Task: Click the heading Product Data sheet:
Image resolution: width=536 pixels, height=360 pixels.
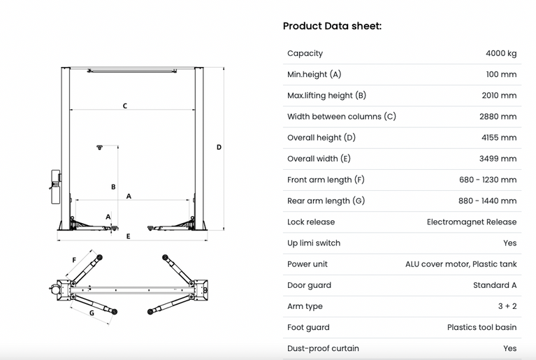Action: pos(332,26)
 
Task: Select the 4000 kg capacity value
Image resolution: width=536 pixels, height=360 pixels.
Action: pos(501,53)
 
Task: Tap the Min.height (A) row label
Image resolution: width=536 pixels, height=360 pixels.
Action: pos(314,74)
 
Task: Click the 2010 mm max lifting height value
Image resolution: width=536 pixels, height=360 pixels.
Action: pos(499,95)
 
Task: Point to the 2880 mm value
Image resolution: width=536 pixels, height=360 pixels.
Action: pos(498,117)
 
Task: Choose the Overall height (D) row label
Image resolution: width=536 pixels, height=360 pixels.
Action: pos(321,138)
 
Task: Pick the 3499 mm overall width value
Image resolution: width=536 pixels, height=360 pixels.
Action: pos(498,159)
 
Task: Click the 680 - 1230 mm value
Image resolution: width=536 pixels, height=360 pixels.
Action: pos(488,180)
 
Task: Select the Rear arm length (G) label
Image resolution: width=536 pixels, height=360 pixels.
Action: pos(326,201)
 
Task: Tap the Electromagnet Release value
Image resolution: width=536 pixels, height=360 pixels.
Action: pos(472,222)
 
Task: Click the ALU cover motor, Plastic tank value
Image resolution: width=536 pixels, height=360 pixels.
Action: pos(461,264)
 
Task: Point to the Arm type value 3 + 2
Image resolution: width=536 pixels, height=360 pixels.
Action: pos(507,306)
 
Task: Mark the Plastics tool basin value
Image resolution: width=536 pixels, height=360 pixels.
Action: pos(482,328)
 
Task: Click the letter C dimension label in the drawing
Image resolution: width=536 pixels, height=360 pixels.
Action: pos(125,106)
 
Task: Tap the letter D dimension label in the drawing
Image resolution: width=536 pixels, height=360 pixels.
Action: pos(219,147)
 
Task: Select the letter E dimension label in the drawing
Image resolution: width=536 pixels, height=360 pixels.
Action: pos(128,236)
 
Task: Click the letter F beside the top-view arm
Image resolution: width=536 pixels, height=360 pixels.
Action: pos(74,260)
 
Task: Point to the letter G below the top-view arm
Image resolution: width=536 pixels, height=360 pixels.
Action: pos(92,313)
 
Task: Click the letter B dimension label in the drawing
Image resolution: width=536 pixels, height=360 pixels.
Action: pos(113,187)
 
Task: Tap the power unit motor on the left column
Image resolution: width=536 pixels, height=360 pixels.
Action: pos(55,187)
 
